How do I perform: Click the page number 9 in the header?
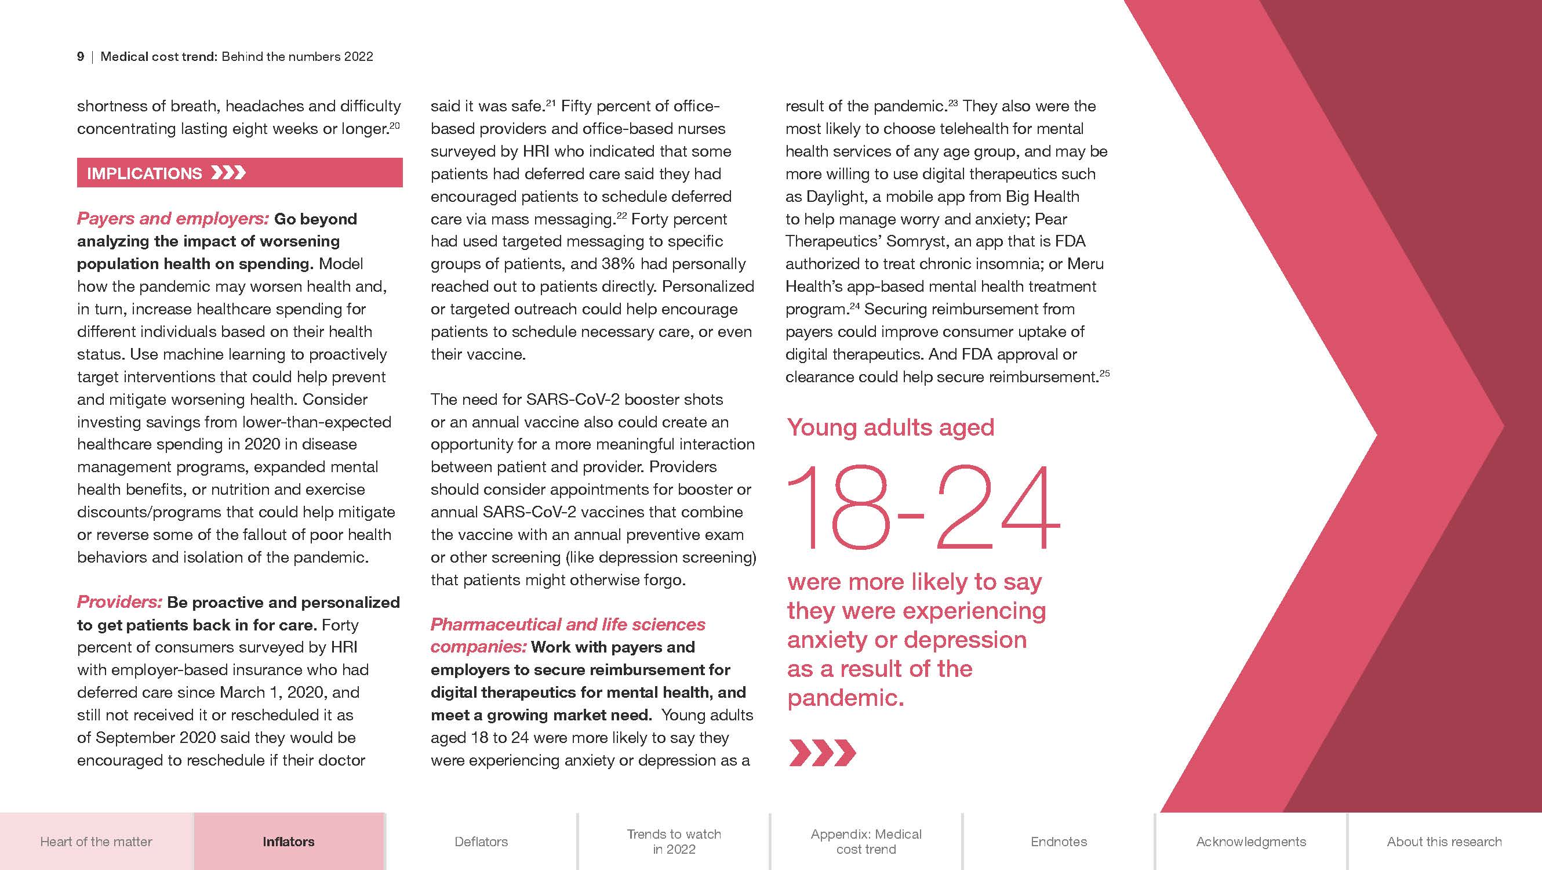(x=80, y=57)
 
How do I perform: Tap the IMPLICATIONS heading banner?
(x=239, y=173)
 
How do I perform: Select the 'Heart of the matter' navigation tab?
(x=96, y=841)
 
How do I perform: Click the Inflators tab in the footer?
(x=289, y=841)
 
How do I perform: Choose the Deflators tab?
(x=481, y=841)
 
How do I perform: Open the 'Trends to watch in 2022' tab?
(x=674, y=841)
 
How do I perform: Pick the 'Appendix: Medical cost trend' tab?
(x=866, y=841)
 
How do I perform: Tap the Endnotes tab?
(x=1059, y=841)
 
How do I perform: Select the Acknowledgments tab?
(x=1251, y=841)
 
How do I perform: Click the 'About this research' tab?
(x=1444, y=841)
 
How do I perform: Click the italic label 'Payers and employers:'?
(x=172, y=219)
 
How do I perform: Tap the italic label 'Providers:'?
(x=119, y=602)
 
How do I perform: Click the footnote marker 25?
(x=1104, y=373)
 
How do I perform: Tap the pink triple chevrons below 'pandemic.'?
(x=823, y=753)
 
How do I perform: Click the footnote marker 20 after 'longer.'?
(x=394, y=125)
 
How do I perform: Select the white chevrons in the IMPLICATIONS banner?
(x=228, y=173)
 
